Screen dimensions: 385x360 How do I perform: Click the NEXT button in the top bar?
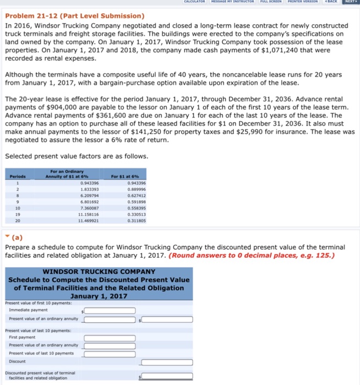pyautogui.click(x=351, y=2)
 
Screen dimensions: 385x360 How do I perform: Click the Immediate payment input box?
pyautogui.click(x=110, y=310)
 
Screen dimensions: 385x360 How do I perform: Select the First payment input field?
pyautogui.click(x=110, y=338)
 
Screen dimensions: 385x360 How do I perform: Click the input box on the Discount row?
pyautogui.click(x=167, y=362)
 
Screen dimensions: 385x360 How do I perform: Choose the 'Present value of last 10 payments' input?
pyautogui.click(x=110, y=353)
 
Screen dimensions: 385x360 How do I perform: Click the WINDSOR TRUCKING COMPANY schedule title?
pyautogui.click(x=99, y=272)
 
